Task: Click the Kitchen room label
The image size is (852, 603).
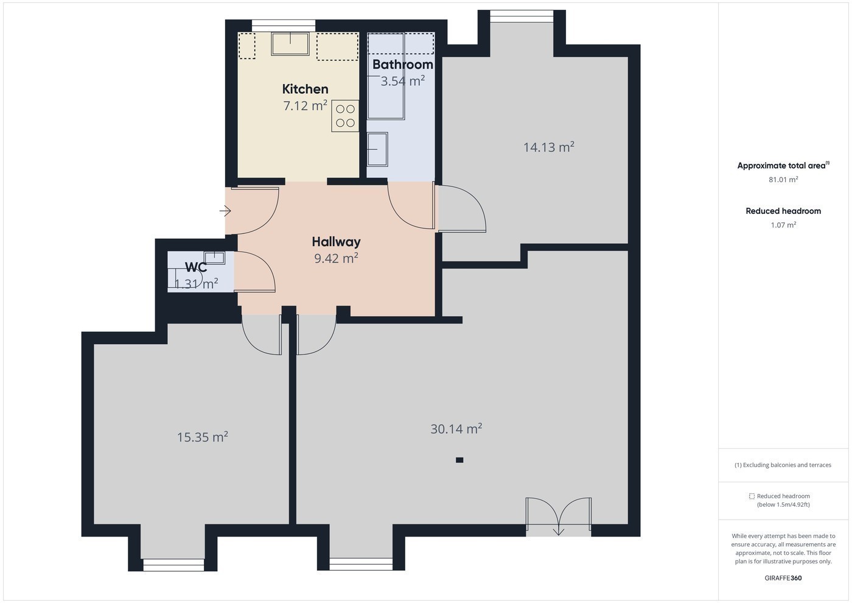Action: point(305,89)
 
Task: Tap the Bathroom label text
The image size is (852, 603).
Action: point(402,65)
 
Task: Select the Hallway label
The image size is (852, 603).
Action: point(336,242)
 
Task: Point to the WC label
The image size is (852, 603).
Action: point(196,267)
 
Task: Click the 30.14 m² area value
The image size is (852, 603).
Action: point(456,429)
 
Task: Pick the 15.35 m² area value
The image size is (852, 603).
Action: point(202,437)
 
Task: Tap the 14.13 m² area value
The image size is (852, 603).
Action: point(549,147)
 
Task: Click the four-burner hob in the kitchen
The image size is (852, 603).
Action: point(345,116)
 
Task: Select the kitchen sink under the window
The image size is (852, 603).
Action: point(290,44)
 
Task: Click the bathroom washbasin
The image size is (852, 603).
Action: point(377,149)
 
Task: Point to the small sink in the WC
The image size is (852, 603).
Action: point(214,258)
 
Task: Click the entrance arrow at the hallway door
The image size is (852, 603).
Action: point(225,211)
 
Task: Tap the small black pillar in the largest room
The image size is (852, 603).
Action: point(459,460)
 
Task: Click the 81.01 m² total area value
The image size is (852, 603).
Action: point(783,179)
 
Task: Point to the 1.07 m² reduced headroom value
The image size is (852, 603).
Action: point(783,225)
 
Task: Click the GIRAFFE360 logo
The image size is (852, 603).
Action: point(783,578)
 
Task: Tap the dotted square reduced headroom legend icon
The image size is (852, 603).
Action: point(752,496)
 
